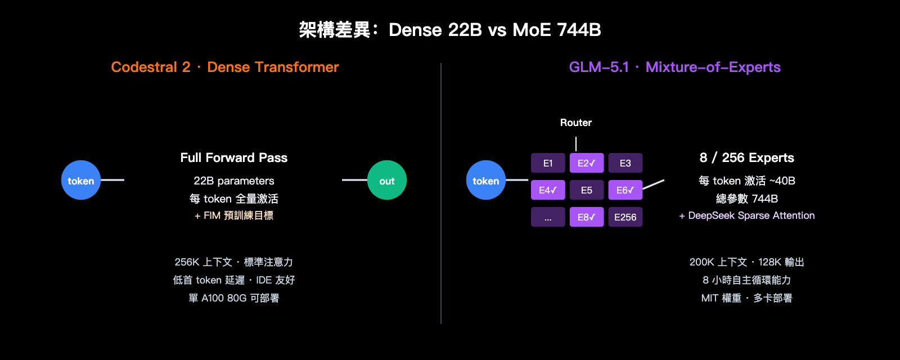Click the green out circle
tap(387, 180)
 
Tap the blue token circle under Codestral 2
tap(81, 180)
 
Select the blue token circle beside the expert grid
tap(486, 180)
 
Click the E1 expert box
tap(548, 163)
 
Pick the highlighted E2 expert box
tap(587, 163)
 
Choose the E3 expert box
tap(625, 163)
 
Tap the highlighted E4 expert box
tap(548, 190)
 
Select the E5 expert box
tap(587, 190)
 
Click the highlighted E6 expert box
tap(625, 190)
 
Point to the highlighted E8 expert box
tap(587, 217)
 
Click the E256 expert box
tap(625, 217)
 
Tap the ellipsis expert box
tap(548, 217)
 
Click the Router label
tap(575, 123)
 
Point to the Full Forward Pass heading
tap(234, 157)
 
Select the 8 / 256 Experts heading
tap(746, 157)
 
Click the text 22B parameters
tap(234, 181)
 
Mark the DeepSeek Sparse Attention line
tap(746, 215)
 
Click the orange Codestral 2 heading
tap(225, 67)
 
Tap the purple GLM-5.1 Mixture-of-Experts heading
tap(674, 67)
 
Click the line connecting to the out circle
tap(354, 180)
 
